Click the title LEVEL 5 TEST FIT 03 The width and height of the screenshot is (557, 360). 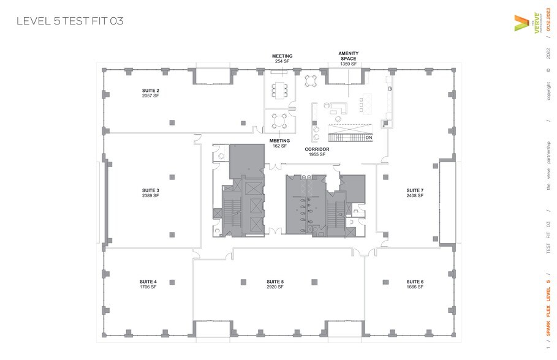pyautogui.click(x=70, y=21)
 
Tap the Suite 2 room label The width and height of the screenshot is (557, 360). pyautogui.click(x=151, y=90)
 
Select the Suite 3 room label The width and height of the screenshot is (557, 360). pyautogui.click(x=151, y=190)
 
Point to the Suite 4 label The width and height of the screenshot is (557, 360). pyautogui.click(x=148, y=282)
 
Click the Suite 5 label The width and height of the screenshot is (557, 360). pyautogui.click(x=275, y=282)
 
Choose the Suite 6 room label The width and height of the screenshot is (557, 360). pyautogui.click(x=415, y=282)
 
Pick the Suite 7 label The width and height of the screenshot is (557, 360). pyautogui.click(x=415, y=190)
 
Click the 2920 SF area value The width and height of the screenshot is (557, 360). pyautogui.click(x=275, y=287)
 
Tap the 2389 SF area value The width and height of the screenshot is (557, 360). pyautogui.click(x=151, y=196)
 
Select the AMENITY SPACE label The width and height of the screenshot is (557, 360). pyautogui.click(x=349, y=56)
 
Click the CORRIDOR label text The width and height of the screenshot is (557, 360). pyautogui.click(x=317, y=149)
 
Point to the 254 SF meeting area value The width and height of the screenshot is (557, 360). pyautogui.click(x=282, y=61)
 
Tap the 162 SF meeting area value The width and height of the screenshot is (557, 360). pyautogui.click(x=279, y=146)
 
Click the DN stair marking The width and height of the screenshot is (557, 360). pyautogui.click(x=369, y=138)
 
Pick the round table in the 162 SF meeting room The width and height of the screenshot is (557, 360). pyautogui.click(x=280, y=119)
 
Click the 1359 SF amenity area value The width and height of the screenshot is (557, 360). pyautogui.click(x=349, y=64)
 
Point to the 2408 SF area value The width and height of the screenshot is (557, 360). pyautogui.click(x=415, y=196)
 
